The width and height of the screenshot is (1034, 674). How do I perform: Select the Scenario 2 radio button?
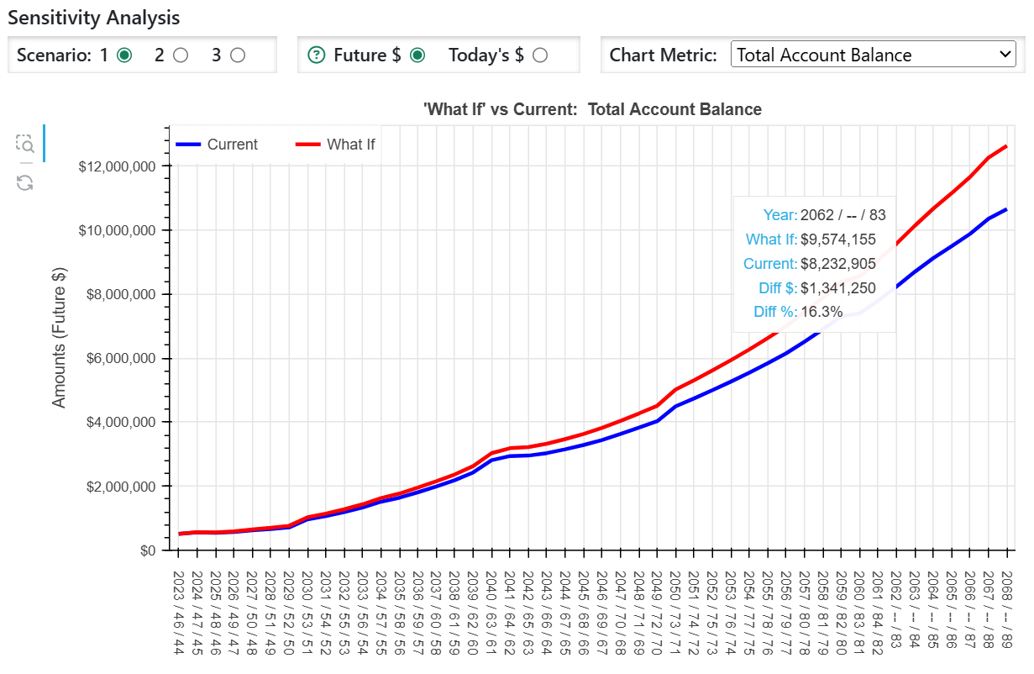[180, 55]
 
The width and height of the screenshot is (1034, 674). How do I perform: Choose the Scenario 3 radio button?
[238, 55]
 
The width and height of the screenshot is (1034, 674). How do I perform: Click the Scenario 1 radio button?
[124, 55]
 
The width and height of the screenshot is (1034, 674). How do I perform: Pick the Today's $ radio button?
[540, 55]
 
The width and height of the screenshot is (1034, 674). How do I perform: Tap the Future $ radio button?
[417, 55]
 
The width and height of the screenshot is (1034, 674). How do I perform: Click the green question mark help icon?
[317, 55]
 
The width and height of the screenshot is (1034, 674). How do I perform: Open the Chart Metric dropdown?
[874, 55]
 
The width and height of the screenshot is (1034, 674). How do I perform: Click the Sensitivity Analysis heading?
[93, 17]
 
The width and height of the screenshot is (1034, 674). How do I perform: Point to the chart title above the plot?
[593, 109]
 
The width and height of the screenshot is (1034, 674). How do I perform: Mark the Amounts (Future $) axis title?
[59, 337]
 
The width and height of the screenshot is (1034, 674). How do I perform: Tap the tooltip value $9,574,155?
[837, 240]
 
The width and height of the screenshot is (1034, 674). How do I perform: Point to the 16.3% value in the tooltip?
[821, 312]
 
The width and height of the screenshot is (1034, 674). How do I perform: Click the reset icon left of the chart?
[25, 182]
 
